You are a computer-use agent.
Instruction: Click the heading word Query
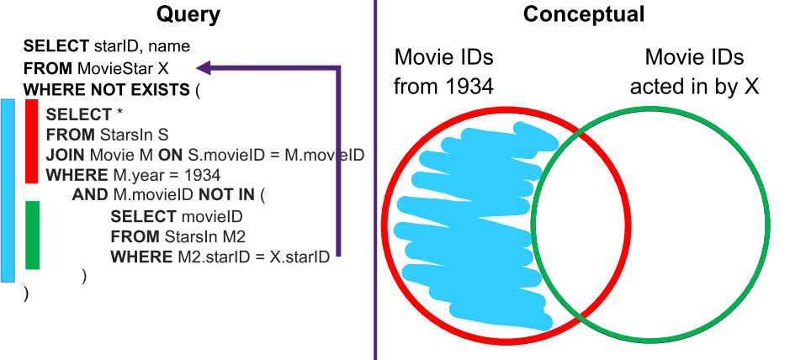[188, 14]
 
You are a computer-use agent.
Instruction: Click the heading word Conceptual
[583, 13]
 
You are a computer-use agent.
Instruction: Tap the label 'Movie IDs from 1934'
[443, 72]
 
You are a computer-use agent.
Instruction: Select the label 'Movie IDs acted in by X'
[694, 72]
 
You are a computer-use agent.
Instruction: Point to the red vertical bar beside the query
[32, 141]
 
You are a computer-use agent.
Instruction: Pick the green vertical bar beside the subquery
[32, 235]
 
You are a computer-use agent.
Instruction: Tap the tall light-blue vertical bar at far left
[8, 190]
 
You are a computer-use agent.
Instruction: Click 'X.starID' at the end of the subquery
[300, 257]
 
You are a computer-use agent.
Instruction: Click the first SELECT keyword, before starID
[56, 46]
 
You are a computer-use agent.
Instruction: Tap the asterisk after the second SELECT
[120, 113]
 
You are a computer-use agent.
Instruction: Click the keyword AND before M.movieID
[90, 194]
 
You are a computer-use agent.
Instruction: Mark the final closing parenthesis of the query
[26, 294]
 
